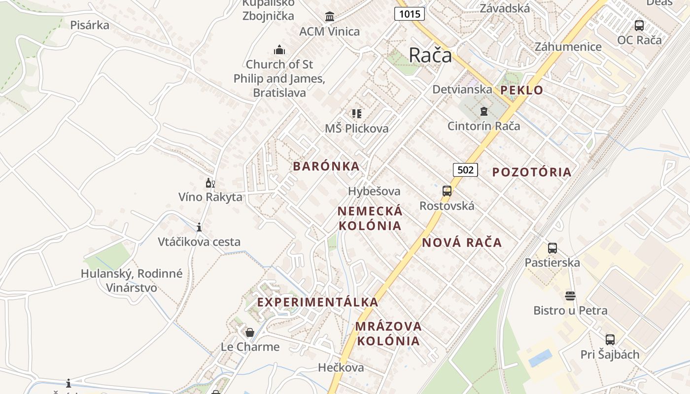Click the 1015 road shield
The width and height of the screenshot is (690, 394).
click(410, 14)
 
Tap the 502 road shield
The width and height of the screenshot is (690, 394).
click(465, 170)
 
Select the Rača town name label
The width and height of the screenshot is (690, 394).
click(430, 55)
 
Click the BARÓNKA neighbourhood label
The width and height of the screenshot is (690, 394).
click(326, 166)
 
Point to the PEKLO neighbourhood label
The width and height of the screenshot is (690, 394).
click(522, 90)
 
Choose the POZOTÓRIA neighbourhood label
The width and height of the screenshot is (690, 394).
click(532, 172)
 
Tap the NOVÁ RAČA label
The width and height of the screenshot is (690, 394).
click(462, 242)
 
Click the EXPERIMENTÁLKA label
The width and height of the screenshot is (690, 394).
click(318, 302)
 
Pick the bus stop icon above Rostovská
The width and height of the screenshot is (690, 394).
click(447, 191)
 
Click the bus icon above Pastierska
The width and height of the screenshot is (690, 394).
click(552, 248)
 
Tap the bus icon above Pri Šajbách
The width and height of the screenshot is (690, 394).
click(610, 340)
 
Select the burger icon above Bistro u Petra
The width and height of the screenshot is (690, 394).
click(570, 296)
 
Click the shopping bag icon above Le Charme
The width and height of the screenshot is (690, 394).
click(250, 332)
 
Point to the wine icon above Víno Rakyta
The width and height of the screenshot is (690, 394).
click(210, 183)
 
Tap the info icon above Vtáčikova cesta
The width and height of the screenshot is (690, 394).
click(199, 227)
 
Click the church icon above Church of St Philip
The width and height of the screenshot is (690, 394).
click(279, 50)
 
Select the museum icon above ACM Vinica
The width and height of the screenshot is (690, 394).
click(330, 17)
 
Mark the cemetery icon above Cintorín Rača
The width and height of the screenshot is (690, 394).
click(483, 111)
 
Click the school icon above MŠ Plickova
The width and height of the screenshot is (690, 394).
click(357, 114)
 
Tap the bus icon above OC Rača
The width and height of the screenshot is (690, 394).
click(639, 26)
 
